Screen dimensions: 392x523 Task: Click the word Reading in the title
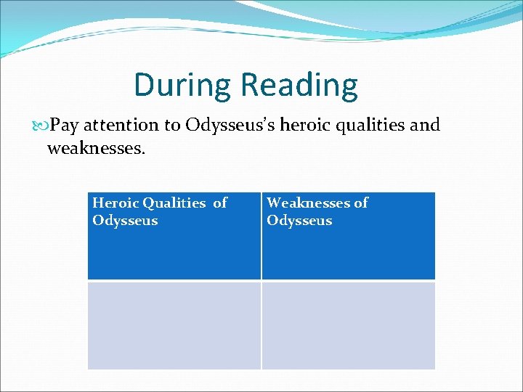click(x=299, y=85)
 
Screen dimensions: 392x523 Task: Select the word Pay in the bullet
click(x=65, y=126)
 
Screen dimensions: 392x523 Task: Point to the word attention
click(x=121, y=125)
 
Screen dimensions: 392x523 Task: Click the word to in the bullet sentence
click(x=172, y=125)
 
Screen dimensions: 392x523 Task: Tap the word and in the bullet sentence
click(x=425, y=125)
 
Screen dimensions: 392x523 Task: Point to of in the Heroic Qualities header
click(x=220, y=203)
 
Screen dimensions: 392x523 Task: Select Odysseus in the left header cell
click(x=125, y=221)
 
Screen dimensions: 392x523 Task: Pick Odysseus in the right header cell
click(x=299, y=221)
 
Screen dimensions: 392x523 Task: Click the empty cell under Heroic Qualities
click(x=174, y=325)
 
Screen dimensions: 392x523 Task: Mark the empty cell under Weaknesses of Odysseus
click(x=348, y=325)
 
